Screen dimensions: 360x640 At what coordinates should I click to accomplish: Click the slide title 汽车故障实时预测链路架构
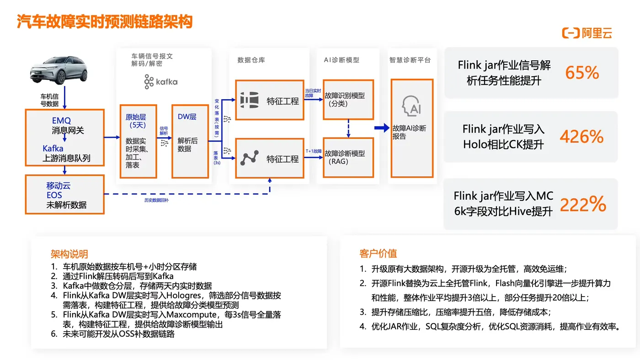(105, 21)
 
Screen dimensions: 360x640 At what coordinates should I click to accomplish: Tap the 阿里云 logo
(587, 33)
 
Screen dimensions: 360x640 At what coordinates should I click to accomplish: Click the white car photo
(58, 71)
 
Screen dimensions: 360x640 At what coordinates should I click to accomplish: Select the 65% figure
(582, 73)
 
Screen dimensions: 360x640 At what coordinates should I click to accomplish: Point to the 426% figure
(581, 137)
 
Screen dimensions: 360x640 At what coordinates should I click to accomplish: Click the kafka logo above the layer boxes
(160, 82)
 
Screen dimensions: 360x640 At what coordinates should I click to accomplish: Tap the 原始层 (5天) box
(138, 141)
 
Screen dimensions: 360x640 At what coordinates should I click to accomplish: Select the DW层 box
(190, 141)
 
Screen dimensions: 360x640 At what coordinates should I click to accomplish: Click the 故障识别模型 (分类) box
(348, 99)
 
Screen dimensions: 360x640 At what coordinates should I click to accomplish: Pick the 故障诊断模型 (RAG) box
(348, 157)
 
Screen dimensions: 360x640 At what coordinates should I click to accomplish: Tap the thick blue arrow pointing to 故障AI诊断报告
(382, 128)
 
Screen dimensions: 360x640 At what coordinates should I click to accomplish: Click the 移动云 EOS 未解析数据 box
(65, 195)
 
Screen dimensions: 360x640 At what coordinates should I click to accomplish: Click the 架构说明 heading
(69, 254)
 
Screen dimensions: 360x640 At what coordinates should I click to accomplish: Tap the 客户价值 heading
(378, 253)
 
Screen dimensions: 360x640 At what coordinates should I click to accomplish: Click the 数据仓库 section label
(251, 60)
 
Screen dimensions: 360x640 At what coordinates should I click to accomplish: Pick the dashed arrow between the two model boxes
(348, 128)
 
